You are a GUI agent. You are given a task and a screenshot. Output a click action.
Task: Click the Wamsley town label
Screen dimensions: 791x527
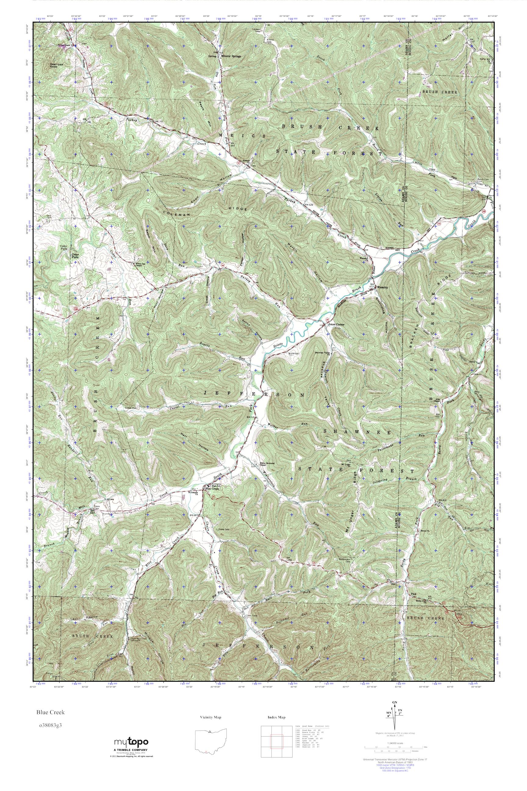tap(382, 287)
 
